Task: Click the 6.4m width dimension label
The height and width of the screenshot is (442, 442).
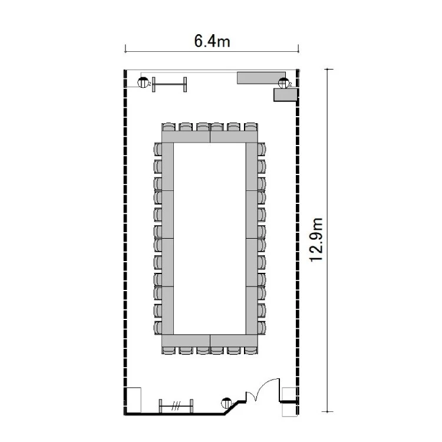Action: pos(212,41)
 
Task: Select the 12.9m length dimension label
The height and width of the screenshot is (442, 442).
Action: pos(316,240)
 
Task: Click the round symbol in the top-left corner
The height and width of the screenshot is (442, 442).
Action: pos(143,83)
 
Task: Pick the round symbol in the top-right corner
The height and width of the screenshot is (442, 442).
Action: pos(283,83)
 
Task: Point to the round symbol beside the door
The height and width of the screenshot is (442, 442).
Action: pos(227,403)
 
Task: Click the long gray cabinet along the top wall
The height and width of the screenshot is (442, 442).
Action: pos(261,78)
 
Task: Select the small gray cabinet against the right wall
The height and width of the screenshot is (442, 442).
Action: pos(285,95)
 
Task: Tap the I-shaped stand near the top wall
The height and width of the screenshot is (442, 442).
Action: pos(169,84)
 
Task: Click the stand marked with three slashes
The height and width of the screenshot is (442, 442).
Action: pos(176,406)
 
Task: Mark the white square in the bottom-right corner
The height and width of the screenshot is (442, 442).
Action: pos(289,402)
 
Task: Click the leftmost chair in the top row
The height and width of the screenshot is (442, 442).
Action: pos(169,127)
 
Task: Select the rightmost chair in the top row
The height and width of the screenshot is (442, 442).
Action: pos(251,127)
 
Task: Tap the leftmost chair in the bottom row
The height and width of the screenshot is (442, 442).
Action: pos(169,350)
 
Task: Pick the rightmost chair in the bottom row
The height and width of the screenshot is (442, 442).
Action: pos(251,350)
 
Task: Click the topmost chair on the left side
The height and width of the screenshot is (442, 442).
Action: pos(158,149)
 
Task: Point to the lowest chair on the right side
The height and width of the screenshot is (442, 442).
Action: pos(262,328)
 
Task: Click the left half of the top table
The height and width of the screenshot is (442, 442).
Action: pos(186,137)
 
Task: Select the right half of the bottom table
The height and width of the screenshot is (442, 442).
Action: pos(234,341)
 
